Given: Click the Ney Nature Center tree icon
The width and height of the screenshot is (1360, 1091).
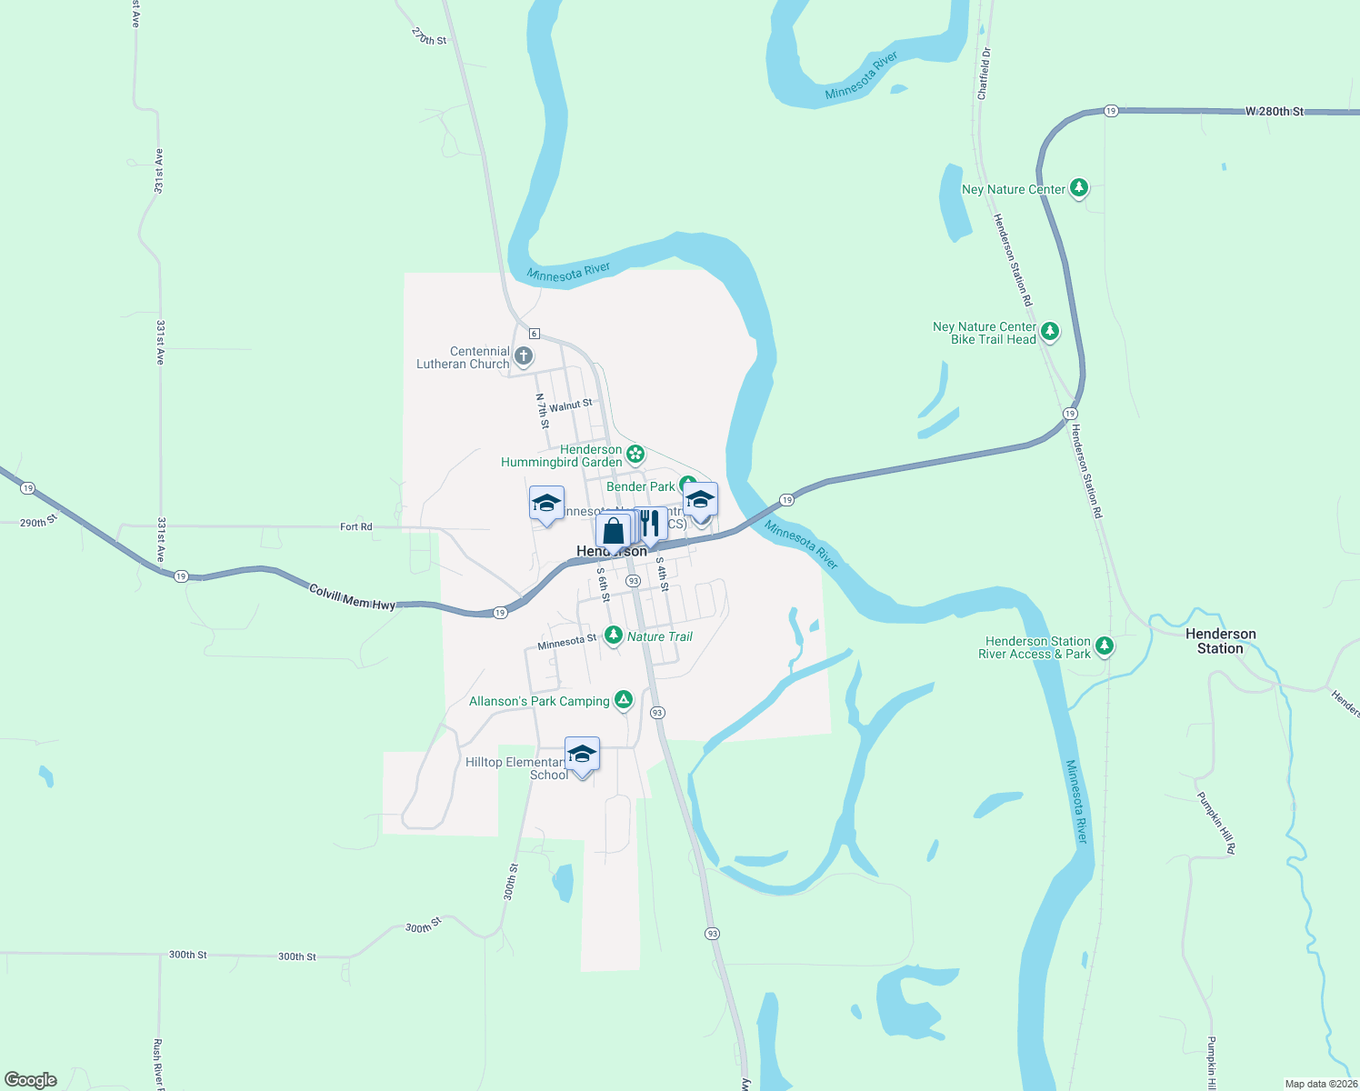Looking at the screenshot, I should point(1079,188).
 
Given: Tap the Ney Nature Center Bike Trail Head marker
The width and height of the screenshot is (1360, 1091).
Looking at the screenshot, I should point(1050,331).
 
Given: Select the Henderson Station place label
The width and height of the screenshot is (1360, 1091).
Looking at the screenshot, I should point(1220,641).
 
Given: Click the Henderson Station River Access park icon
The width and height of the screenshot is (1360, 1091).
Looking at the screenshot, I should point(1105,646).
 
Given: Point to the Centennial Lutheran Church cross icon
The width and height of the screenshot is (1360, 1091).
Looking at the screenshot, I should point(524,355).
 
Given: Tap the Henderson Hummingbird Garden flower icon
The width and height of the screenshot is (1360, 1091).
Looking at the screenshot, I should point(635,454).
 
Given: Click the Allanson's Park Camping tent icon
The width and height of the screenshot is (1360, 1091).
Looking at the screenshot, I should point(624,699).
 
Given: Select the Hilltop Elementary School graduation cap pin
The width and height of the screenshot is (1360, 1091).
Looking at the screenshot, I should point(582,755).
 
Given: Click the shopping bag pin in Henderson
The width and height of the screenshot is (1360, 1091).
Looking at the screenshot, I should point(614,531).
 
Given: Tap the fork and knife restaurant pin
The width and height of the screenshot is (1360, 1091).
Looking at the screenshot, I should point(650,524).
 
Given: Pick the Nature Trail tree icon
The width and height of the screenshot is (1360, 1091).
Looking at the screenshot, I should point(614,635).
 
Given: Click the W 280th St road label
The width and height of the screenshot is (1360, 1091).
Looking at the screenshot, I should point(1275,112).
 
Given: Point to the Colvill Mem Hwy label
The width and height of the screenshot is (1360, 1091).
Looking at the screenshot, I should point(352,597).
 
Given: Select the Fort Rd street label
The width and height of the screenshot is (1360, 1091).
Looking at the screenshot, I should point(355,526).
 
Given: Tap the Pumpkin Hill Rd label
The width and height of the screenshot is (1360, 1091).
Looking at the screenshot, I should point(1216,823).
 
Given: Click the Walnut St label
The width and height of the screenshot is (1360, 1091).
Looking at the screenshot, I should point(570,405).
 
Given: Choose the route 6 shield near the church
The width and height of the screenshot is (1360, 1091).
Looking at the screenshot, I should point(535,334).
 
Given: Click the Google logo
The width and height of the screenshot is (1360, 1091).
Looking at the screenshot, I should point(31,1080).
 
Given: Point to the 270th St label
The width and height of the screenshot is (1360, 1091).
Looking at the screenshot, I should point(429,36).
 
